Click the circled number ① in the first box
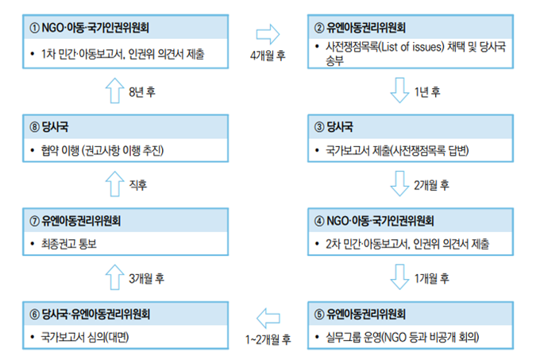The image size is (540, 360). click(x=34, y=28)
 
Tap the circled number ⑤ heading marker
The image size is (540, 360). click(x=319, y=314)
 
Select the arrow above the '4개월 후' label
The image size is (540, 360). click(x=268, y=34)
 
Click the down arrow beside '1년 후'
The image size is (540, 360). click(x=399, y=91)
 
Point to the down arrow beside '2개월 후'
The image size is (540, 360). click(x=399, y=184)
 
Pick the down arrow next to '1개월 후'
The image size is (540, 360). click(x=399, y=277)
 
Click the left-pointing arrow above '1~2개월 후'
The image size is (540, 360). click(x=268, y=318)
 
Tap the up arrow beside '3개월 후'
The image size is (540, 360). click(x=114, y=277)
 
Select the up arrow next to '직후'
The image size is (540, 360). click(x=114, y=184)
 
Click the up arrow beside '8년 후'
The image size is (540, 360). click(x=114, y=91)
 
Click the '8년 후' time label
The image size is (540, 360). click(x=142, y=92)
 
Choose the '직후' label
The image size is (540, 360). click(x=137, y=185)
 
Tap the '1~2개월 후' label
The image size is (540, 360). click(x=268, y=339)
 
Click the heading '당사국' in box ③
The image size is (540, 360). click(x=340, y=127)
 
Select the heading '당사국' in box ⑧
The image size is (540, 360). click(x=55, y=127)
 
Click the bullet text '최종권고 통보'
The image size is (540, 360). click(x=69, y=244)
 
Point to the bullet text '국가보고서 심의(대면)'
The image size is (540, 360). click(x=85, y=337)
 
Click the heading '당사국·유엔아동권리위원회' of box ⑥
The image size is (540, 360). click(x=96, y=314)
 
